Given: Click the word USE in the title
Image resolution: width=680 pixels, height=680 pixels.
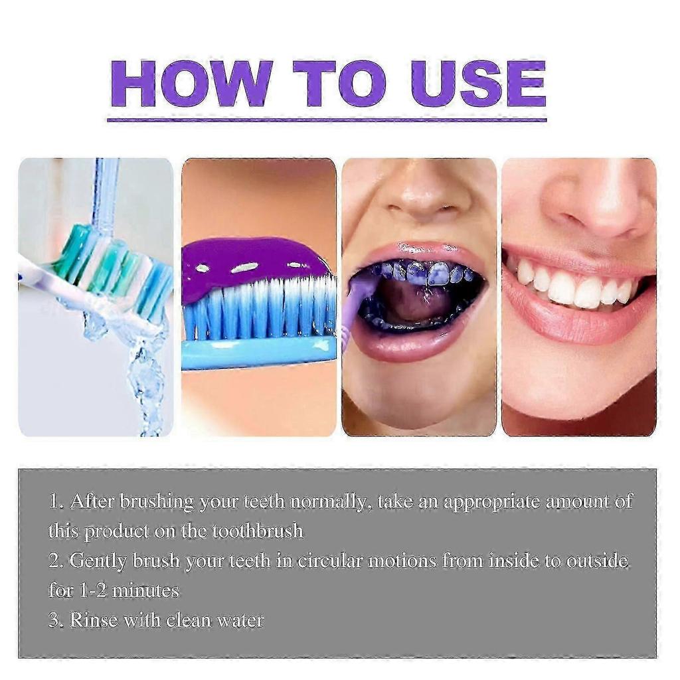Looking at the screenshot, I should click(478, 84).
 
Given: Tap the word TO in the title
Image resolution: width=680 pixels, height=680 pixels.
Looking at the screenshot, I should click(339, 84).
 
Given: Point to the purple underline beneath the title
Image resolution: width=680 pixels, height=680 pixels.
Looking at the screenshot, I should click(327, 120).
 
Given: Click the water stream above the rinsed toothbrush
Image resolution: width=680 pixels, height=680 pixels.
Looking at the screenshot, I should click(106, 193).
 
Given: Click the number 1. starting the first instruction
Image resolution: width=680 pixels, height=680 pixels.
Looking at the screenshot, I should click(56, 501).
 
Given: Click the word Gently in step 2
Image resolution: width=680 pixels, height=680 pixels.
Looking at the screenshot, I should click(98, 561).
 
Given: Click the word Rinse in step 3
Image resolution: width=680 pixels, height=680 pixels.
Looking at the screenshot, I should click(94, 620).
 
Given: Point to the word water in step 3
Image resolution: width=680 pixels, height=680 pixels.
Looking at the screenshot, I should click(238, 620).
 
